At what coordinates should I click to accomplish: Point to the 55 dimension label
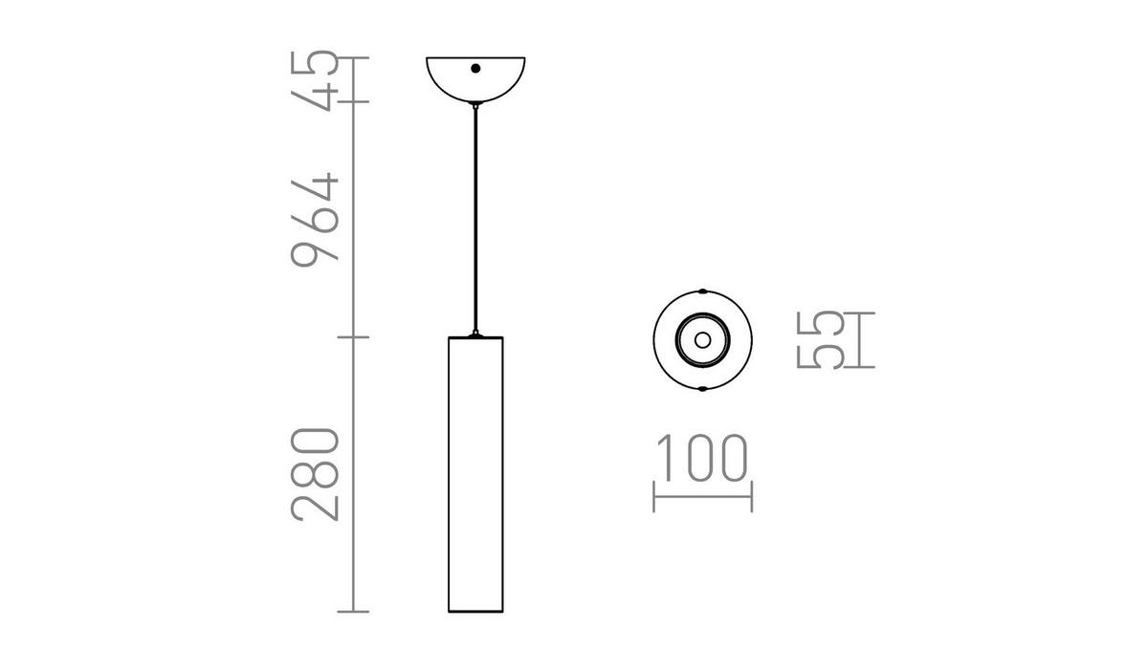(x=820, y=339)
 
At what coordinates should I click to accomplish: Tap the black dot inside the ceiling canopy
(x=475, y=69)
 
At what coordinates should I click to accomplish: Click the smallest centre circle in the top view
(x=702, y=339)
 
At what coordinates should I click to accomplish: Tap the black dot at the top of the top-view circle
(x=702, y=290)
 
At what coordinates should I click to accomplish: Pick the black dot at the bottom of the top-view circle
(x=702, y=389)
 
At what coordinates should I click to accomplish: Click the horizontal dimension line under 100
(x=702, y=496)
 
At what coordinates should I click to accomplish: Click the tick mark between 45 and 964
(x=355, y=101)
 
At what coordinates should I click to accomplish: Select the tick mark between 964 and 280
(x=355, y=336)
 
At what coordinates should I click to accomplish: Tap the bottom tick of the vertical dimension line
(x=355, y=611)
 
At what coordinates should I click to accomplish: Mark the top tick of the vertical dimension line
(x=355, y=59)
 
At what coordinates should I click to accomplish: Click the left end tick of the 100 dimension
(x=653, y=496)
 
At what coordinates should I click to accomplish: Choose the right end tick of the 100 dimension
(x=751, y=496)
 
